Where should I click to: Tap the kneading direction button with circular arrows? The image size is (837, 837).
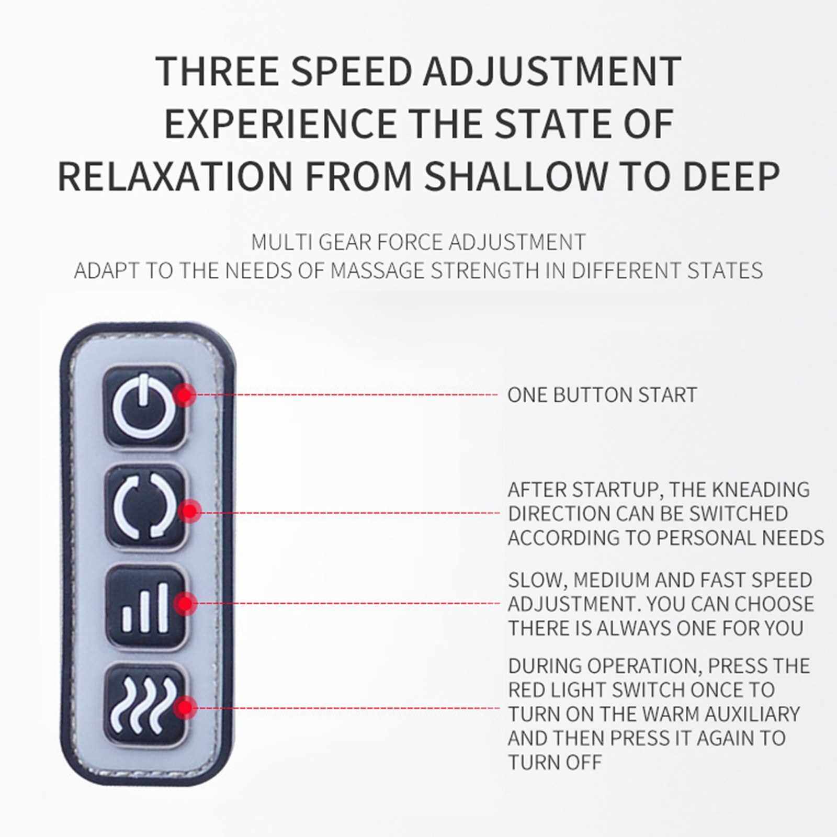pyautogui.click(x=145, y=506)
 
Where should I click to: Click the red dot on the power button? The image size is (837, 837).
pyautogui.click(x=184, y=394)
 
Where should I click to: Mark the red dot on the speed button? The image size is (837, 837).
pyautogui.click(x=185, y=604)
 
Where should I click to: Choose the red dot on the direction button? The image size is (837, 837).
pyautogui.click(x=189, y=511)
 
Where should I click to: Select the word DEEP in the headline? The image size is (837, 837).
pyautogui.click(x=731, y=176)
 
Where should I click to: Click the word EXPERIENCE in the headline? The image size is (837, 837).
pyautogui.click(x=280, y=123)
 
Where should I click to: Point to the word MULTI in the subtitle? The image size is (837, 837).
pyautogui.click(x=281, y=242)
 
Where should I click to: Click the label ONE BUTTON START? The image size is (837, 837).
pyautogui.click(x=602, y=395)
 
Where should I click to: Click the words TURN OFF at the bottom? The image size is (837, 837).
pyautogui.click(x=555, y=763)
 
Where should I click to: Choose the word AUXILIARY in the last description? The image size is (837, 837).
pyautogui.click(x=752, y=714)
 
